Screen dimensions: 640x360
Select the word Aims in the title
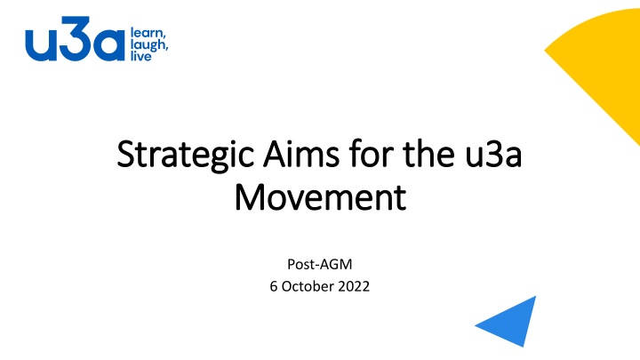pyautogui.click(x=301, y=154)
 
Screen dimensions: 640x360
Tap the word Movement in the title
pyautogui.click(x=320, y=197)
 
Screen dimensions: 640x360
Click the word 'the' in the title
pyautogui.click(x=428, y=153)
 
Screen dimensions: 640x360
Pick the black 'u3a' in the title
pyautogui.click(x=493, y=155)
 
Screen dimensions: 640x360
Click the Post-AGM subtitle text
pyautogui.click(x=320, y=264)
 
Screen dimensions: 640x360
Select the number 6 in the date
pyautogui.click(x=274, y=286)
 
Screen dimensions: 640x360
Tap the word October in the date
pyautogui.click(x=308, y=286)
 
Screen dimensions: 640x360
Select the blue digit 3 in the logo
pyautogui.click(x=75, y=38)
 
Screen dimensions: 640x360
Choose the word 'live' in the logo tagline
pyautogui.click(x=140, y=55)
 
